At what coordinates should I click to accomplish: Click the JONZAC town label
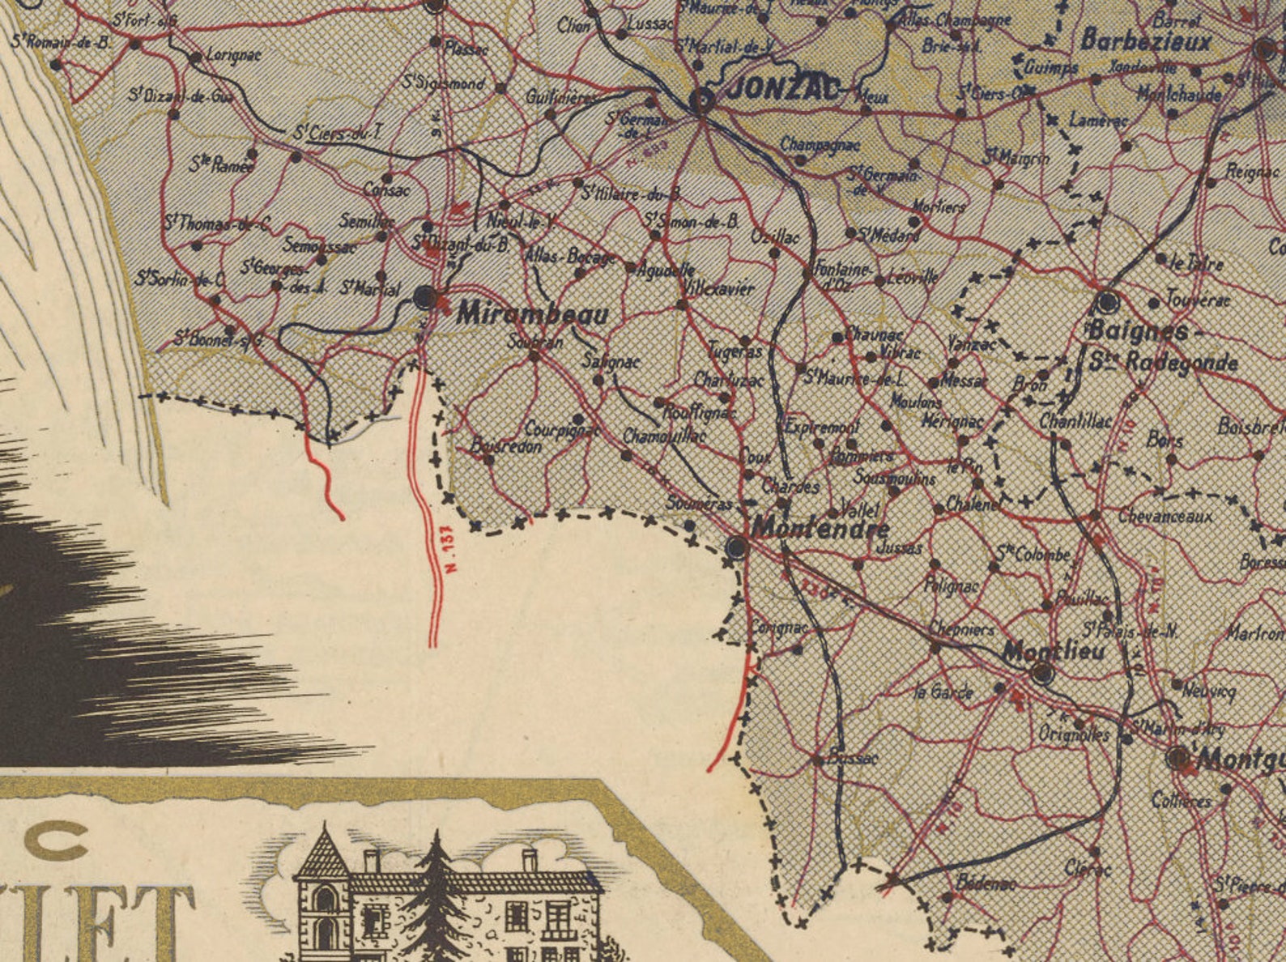click(781, 89)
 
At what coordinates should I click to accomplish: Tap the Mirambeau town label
click(532, 314)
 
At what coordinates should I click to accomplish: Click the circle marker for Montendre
click(737, 547)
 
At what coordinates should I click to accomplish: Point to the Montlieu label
click(1053, 650)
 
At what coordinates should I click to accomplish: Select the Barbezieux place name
click(1145, 40)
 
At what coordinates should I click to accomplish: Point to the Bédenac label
click(985, 883)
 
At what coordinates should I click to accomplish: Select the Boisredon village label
click(506, 446)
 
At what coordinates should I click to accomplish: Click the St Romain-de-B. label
click(61, 41)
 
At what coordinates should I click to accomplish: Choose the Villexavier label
click(718, 288)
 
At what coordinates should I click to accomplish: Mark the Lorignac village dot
click(195, 57)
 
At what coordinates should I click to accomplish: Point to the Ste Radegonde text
click(1163, 362)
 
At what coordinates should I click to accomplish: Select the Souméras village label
click(700, 504)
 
